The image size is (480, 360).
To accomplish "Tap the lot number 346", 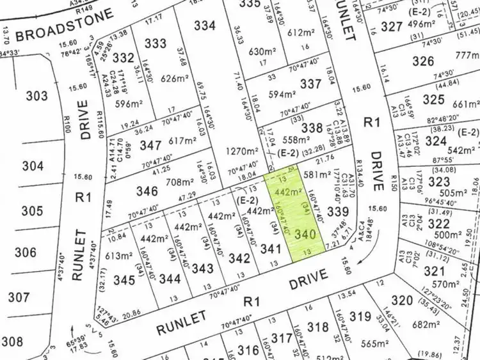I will (147, 191).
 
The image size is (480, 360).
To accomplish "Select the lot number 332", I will (123, 58).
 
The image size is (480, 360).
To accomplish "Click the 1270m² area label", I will (239, 153).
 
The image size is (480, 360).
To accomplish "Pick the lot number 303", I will (37, 96).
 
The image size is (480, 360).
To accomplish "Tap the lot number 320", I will (402, 301).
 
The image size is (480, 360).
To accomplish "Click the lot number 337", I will (311, 84).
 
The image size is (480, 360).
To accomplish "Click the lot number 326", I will (423, 61).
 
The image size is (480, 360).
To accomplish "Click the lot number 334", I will (204, 26).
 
